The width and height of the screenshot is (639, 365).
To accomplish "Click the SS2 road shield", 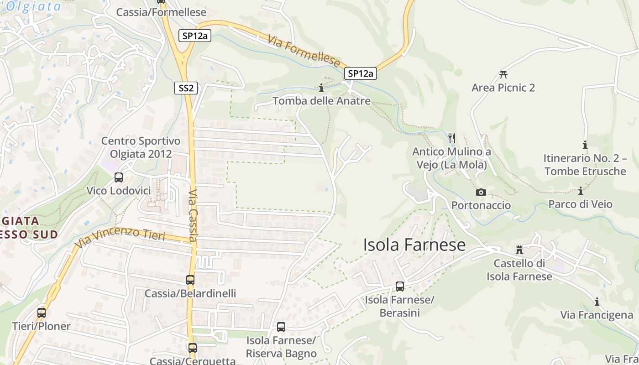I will pyautogui.click(x=186, y=88).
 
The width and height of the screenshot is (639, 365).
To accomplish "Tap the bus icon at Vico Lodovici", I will pyautogui.click(x=119, y=177).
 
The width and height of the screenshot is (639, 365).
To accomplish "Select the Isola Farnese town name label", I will pyautogui.click(x=414, y=245).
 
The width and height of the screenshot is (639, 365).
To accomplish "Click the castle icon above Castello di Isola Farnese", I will pyautogui.click(x=519, y=250).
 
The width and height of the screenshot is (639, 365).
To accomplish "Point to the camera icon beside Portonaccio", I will pyautogui.click(x=481, y=193).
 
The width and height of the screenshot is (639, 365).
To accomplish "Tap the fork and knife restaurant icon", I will pyautogui.click(x=452, y=138).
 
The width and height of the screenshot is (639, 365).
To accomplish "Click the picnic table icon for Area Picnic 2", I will pyautogui.click(x=503, y=74).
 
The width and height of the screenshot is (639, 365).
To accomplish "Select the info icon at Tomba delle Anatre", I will pyautogui.click(x=321, y=88).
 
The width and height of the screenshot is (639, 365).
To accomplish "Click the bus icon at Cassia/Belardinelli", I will pyautogui.click(x=190, y=280).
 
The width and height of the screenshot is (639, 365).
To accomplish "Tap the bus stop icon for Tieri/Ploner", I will pyautogui.click(x=42, y=313).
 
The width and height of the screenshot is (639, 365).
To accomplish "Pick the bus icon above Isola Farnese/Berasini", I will pyautogui.click(x=400, y=287).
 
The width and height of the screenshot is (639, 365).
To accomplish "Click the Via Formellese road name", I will pyautogui.click(x=304, y=51).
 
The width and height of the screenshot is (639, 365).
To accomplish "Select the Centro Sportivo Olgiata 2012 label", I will pyautogui.click(x=141, y=147).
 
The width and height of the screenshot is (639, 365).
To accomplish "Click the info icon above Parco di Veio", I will pyautogui.click(x=581, y=191).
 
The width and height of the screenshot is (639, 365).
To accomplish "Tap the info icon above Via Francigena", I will pyautogui.click(x=597, y=302).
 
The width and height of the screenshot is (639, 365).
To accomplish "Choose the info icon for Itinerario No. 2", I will pyautogui.click(x=585, y=145).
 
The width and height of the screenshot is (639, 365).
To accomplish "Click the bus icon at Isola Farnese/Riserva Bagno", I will pyautogui.click(x=281, y=327).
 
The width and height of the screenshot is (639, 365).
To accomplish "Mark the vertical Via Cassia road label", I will pyautogui.click(x=193, y=215).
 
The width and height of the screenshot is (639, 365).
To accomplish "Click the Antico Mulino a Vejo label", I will pyautogui.click(x=451, y=158).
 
